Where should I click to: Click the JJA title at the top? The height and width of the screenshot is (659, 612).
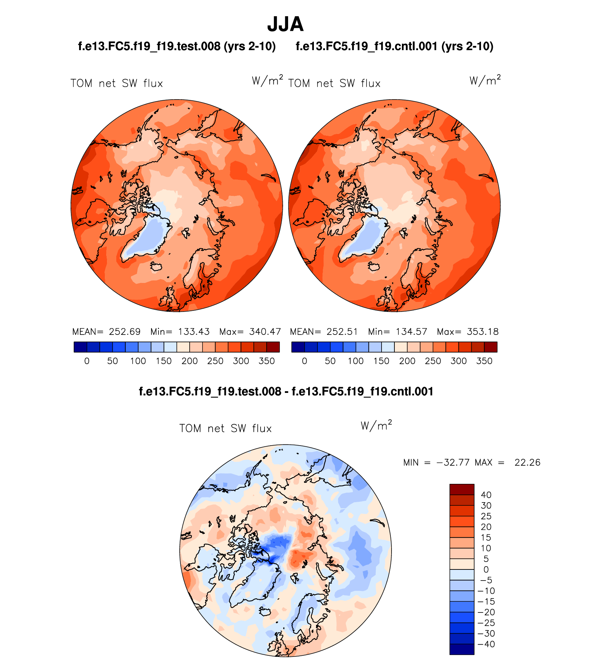click(285, 24)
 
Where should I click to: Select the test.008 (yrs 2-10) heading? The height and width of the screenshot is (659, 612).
click(177, 46)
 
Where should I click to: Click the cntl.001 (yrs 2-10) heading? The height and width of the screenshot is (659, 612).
click(394, 46)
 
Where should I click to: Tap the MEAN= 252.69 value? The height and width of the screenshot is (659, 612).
click(106, 332)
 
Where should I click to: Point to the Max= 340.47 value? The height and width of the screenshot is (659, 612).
click(250, 332)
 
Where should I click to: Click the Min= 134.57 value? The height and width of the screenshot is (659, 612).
click(398, 332)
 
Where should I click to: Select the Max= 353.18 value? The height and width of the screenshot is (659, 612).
click(467, 332)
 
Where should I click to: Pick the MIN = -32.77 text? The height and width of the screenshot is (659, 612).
click(436, 462)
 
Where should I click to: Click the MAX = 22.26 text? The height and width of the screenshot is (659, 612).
click(507, 462)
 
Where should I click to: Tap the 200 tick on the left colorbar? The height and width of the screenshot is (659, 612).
click(189, 361)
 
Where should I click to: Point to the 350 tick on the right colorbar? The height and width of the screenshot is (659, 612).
click(484, 361)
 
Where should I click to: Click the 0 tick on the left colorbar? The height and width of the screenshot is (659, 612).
click(87, 361)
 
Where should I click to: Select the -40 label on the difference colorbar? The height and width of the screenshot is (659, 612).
click(486, 644)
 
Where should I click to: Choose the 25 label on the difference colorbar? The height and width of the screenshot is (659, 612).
click(486, 516)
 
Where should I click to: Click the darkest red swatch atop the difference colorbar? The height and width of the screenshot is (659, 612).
click(462, 489)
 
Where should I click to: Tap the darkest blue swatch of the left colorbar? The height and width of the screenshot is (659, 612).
click(80, 347)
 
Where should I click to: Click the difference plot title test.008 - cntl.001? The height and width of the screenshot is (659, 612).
click(286, 391)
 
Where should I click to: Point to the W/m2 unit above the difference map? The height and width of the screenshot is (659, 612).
click(376, 425)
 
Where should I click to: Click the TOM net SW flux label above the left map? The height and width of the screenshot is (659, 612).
click(117, 83)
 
